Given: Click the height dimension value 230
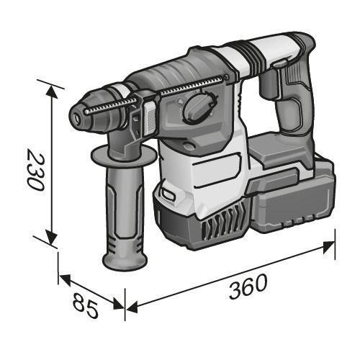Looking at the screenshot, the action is tap(35, 170).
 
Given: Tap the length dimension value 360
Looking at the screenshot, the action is tap(248, 287).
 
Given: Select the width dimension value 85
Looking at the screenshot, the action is tap(85, 305).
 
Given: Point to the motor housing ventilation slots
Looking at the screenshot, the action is tap(222, 222).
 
